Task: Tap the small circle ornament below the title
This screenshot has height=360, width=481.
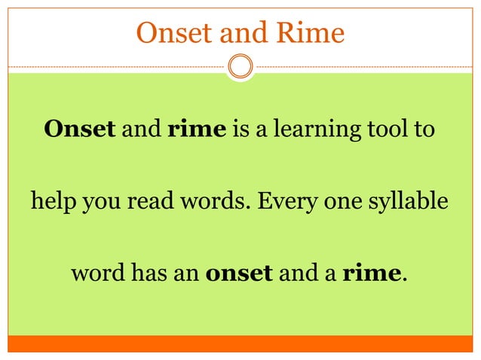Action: [240, 66]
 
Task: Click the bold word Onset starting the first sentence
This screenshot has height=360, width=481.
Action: [80, 129]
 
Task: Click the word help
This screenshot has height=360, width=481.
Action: [51, 202]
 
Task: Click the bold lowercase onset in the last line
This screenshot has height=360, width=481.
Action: [239, 272]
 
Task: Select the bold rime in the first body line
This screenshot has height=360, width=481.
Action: [196, 129]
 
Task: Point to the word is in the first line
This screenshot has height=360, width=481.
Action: [241, 129]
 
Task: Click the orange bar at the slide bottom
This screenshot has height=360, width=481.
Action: [240, 343]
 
